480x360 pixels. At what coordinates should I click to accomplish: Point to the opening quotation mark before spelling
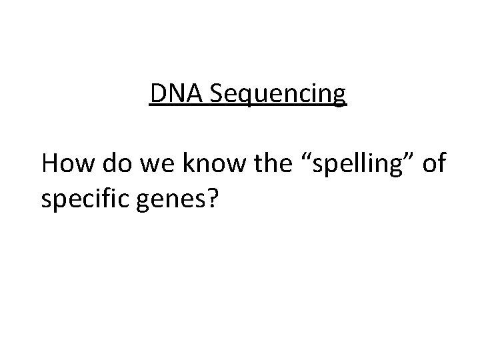tap(297, 157)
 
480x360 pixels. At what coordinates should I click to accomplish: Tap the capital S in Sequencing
tap(217, 95)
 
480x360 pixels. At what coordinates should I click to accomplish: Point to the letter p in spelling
tap(319, 167)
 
